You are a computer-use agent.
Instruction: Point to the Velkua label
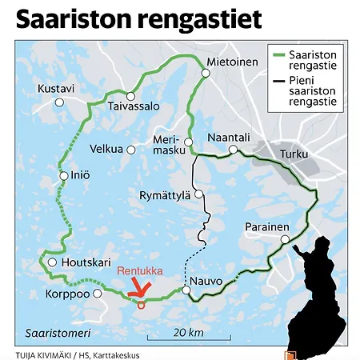point(106,149)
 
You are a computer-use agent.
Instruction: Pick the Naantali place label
point(230,137)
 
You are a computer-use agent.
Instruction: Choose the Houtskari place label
point(82,262)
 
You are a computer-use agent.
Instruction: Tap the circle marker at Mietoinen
point(206,73)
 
